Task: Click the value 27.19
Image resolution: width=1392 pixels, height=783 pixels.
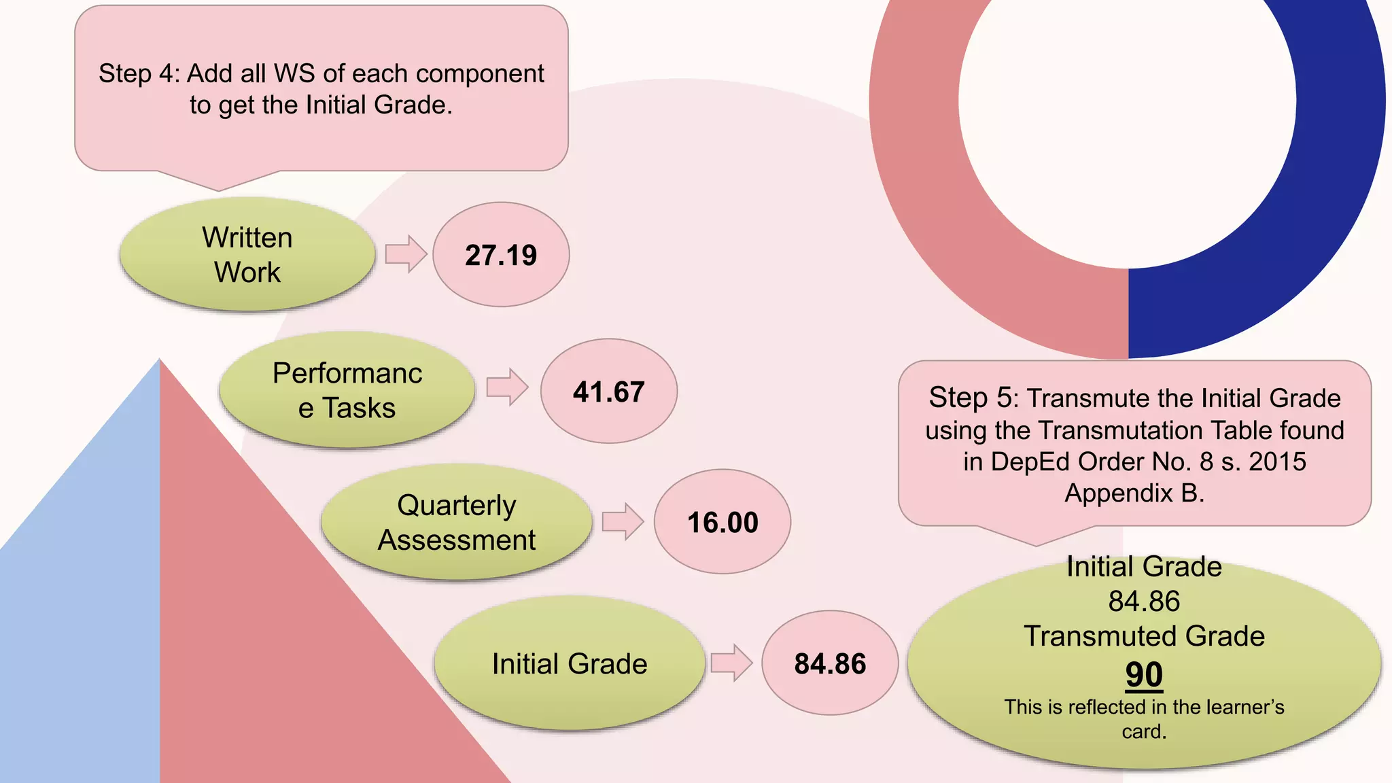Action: click(x=501, y=256)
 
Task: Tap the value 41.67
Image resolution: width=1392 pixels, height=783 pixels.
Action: click(x=608, y=392)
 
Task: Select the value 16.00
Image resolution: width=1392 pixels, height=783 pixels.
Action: click(x=723, y=523)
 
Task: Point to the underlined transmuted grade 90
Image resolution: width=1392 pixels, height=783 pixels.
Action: click(x=1144, y=675)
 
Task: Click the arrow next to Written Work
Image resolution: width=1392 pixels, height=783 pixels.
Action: click(x=406, y=254)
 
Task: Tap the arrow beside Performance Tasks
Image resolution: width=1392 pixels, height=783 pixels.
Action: click(x=507, y=387)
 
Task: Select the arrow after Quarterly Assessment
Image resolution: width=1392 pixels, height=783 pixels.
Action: click(x=623, y=522)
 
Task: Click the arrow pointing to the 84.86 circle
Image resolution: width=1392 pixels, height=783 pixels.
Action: click(x=731, y=663)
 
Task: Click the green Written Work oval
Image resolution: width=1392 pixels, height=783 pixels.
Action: click(x=247, y=255)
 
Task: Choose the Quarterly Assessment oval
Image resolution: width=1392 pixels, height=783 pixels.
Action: click(x=456, y=523)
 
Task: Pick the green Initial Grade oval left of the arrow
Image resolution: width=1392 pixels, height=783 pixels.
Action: click(x=570, y=663)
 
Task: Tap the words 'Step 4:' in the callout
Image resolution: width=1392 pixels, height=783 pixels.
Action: click(x=139, y=73)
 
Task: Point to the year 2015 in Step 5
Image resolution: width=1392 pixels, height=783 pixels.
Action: click(x=1277, y=462)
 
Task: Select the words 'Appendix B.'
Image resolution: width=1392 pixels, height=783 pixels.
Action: click(x=1134, y=493)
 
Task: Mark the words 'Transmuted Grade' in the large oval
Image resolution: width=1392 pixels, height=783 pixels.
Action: click(x=1144, y=636)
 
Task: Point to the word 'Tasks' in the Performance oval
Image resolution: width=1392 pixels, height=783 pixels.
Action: click(x=358, y=408)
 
